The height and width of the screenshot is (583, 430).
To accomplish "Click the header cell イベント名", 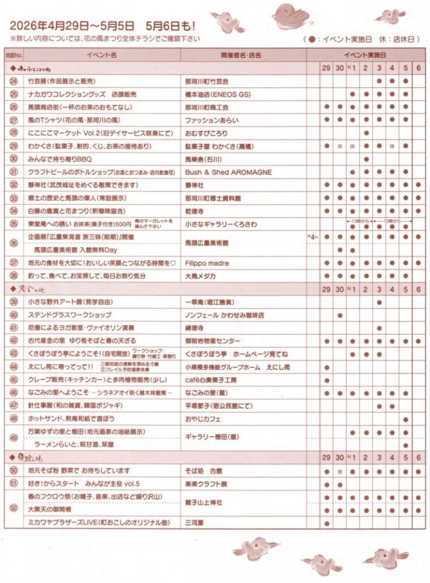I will click(101, 55).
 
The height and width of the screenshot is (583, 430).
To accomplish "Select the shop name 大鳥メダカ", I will click(201, 276).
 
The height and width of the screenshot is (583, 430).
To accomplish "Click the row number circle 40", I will click(14, 315).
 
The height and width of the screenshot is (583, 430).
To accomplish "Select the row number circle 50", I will click(14, 471).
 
